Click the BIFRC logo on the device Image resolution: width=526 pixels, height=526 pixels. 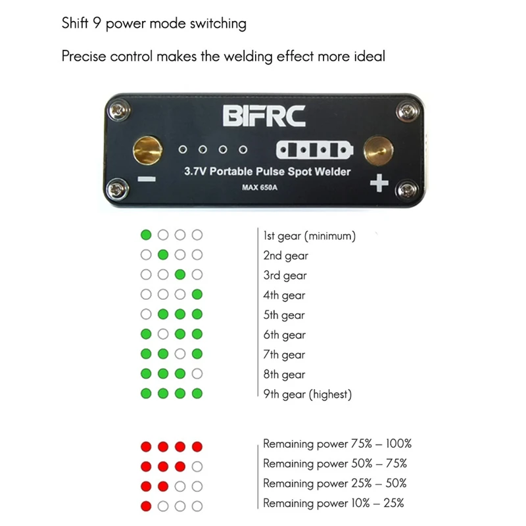pyautogui.click(x=264, y=116)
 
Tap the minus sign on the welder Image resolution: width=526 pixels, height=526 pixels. pyautogui.click(x=148, y=179)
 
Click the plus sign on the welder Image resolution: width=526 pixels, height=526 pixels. pyautogui.click(x=379, y=184)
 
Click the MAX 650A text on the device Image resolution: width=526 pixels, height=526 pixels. pyautogui.click(x=264, y=191)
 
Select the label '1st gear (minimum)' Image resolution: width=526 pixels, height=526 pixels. pyautogui.click(x=309, y=235)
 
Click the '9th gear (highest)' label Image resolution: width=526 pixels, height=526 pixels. pyautogui.click(x=308, y=394)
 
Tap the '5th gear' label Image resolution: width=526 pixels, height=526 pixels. pyautogui.click(x=285, y=315)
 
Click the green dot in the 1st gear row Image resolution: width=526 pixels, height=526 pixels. pyautogui.click(x=146, y=235)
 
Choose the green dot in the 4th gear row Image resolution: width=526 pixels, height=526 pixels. pyautogui.click(x=197, y=295)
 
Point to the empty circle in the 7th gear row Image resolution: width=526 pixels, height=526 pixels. pyautogui.click(x=180, y=354)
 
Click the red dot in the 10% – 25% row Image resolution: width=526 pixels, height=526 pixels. pyautogui.click(x=146, y=506)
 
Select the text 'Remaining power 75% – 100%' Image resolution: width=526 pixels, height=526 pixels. pyautogui.click(x=337, y=444)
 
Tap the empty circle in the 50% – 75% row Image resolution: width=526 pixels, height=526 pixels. pyautogui.click(x=197, y=467)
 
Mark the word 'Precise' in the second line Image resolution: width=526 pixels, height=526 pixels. pyautogui.click(x=84, y=56)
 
